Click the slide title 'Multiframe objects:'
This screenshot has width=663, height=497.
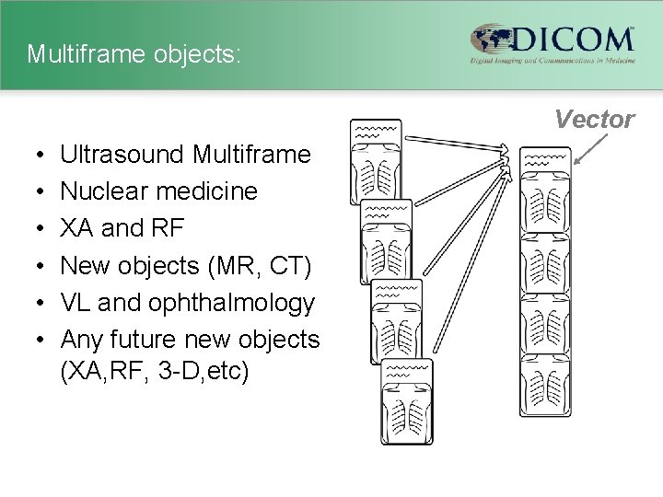point(134,54)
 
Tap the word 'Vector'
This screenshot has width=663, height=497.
point(594,120)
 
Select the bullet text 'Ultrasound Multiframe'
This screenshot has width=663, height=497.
point(186,155)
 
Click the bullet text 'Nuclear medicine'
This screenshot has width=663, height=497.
point(159,191)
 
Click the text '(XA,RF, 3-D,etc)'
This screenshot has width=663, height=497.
point(155,375)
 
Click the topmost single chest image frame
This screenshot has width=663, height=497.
point(375,161)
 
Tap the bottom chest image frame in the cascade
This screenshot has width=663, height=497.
point(406,401)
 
